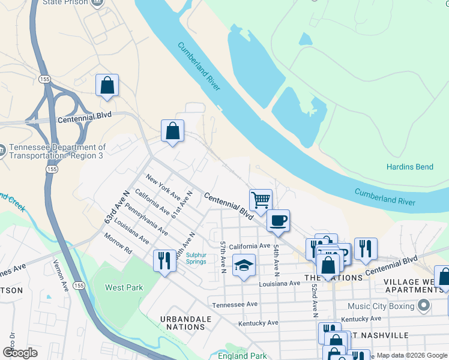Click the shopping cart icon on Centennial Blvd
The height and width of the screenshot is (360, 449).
click(261, 200)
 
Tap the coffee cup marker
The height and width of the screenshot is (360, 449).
click(278, 220)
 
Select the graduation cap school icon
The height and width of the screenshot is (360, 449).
click(244, 266)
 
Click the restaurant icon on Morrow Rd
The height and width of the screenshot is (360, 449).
click(164, 260)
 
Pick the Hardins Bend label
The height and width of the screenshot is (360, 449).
click(409, 167)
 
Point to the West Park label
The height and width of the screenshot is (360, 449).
click(124, 287)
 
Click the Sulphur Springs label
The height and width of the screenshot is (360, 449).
click(196, 259)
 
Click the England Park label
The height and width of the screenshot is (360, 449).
click(247, 356)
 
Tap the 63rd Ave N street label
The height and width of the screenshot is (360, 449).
click(117, 208)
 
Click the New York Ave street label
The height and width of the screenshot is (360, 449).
click(163, 187)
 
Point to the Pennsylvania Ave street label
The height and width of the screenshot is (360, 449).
click(151, 220)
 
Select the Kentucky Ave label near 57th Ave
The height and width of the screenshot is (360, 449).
click(258, 323)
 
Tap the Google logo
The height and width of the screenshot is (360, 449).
click(20, 353)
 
